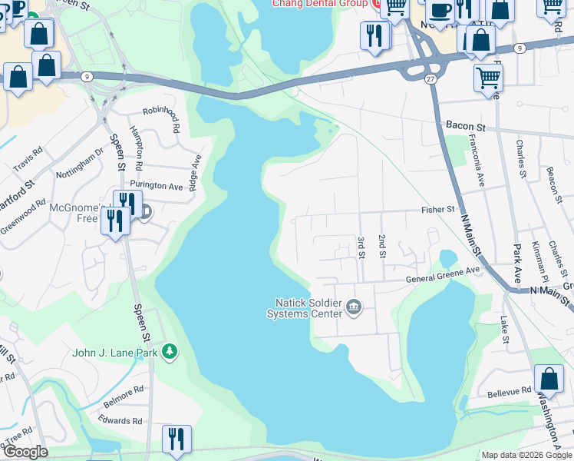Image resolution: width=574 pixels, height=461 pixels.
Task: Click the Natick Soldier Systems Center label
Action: click(x=304, y=307)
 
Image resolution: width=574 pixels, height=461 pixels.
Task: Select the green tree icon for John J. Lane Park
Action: click(x=170, y=353)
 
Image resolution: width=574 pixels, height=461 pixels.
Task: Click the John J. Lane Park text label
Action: click(x=115, y=353)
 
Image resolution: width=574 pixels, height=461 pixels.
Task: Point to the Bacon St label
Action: click(x=462, y=124)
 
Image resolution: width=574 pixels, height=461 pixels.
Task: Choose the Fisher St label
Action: click(x=438, y=209)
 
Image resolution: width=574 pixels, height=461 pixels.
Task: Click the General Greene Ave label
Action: click(x=443, y=270)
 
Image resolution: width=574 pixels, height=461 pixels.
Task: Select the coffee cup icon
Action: click(x=440, y=11)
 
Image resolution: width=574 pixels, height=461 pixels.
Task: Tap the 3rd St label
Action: click(x=361, y=247)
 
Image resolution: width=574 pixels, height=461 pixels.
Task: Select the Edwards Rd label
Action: click(x=120, y=420)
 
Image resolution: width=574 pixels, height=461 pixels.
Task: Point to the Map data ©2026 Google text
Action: click(x=526, y=455)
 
